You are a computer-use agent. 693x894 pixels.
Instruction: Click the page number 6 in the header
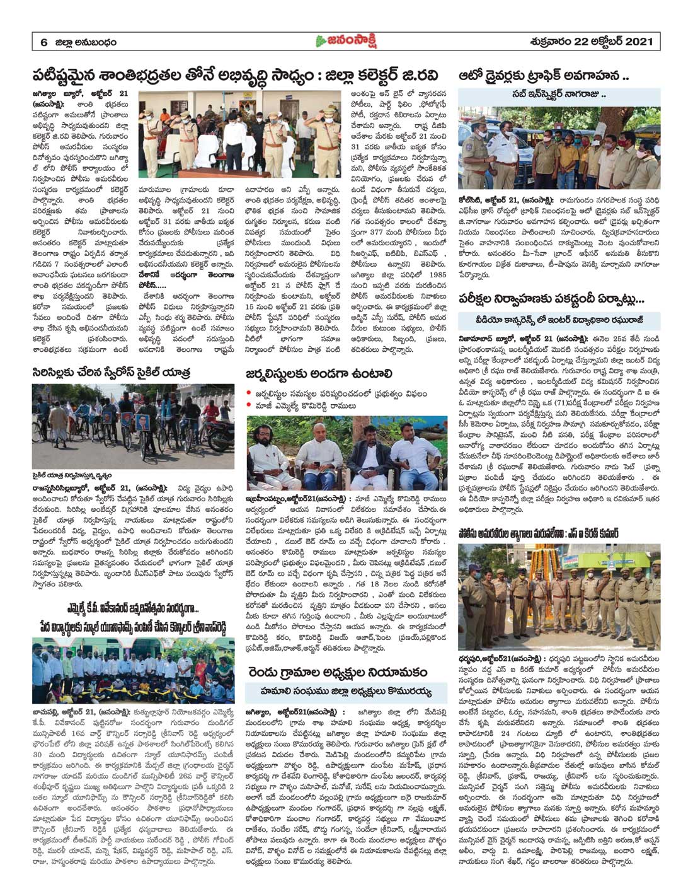[x=44, y=42]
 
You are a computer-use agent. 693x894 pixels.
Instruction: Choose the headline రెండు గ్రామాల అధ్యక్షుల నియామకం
[x=336, y=670]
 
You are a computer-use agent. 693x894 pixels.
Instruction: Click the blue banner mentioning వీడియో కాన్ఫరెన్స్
[x=559, y=320]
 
